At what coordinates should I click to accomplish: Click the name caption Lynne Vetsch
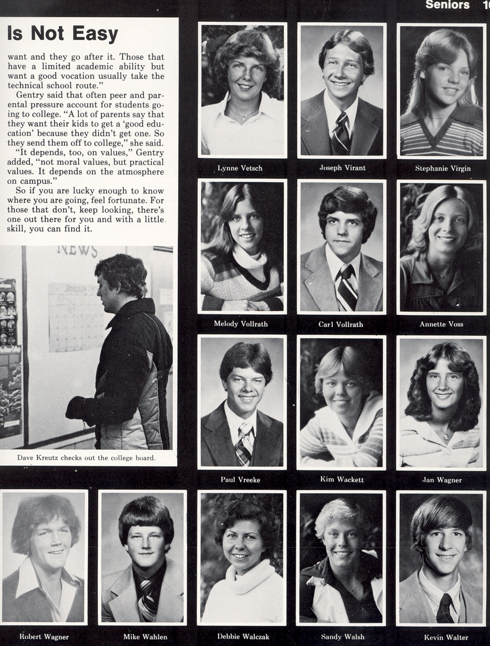pyautogui.click(x=240, y=168)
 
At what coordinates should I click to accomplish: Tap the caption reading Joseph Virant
pyautogui.click(x=343, y=168)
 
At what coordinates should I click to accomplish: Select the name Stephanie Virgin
pyautogui.click(x=443, y=168)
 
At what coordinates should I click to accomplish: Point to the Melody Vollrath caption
pyautogui.click(x=241, y=323)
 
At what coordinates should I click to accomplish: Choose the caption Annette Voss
pyautogui.click(x=441, y=324)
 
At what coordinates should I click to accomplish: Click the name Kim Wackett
pyautogui.click(x=342, y=479)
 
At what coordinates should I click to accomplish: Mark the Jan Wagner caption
pyautogui.click(x=442, y=480)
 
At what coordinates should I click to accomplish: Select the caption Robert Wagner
pyautogui.click(x=44, y=637)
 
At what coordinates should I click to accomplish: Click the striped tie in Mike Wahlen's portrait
pyautogui.click(x=146, y=600)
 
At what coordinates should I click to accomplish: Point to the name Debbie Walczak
pyautogui.click(x=243, y=636)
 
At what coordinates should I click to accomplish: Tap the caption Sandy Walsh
pyautogui.click(x=343, y=637)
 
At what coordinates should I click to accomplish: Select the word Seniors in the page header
pyautogui.click(x=447, y=5)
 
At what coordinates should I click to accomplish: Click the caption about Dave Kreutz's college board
pyautogui.click(x=86, y=458)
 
